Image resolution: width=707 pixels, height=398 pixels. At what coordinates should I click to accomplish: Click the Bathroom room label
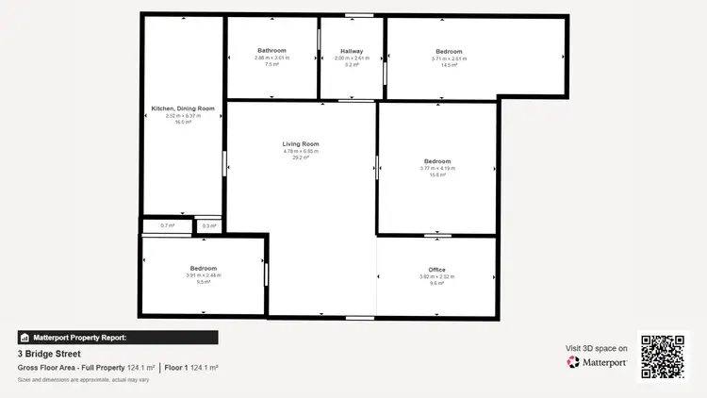[x=271, y=50]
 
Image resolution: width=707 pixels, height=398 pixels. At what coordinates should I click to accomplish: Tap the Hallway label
[x=352, y=50]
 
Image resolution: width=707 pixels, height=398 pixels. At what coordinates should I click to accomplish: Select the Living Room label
[x=302, y=143]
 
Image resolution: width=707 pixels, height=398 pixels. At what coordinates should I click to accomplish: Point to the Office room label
[x=436, y=269]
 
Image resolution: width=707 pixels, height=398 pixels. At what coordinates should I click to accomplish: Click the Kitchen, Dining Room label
[x=183, y=108]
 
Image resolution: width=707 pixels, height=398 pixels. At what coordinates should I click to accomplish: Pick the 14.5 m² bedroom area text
[x=449, y=65]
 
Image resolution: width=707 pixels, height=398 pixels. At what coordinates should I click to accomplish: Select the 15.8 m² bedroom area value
[x=436, y=175]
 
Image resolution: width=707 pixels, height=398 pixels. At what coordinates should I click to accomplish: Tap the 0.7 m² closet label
[x=167, y=226]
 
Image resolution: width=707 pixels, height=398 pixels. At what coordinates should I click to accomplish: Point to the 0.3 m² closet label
[x=208, y=226]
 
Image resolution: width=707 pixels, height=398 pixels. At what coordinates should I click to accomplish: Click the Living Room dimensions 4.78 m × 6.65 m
[x=302, y=151]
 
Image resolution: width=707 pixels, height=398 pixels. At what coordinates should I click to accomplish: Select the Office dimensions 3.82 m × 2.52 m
[x=436, y=276]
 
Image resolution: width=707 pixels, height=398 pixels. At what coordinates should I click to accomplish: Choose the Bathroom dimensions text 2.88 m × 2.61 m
[x=271, y=58]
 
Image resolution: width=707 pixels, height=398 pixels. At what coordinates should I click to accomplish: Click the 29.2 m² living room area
[x=302, y=158]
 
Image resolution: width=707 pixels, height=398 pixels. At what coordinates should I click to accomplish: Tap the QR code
[x=663, y=357]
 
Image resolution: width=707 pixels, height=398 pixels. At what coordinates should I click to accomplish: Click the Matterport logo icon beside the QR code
[x=573, y=362]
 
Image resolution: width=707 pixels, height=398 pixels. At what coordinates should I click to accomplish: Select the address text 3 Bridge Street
[x=50, y=354]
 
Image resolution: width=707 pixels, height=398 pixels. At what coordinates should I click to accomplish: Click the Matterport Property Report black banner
[x=118, y=337]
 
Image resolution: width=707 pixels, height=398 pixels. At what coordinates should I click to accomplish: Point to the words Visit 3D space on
[x=596, y=347]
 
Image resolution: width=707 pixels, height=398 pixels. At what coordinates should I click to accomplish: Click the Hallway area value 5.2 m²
[x=352, y=65]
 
